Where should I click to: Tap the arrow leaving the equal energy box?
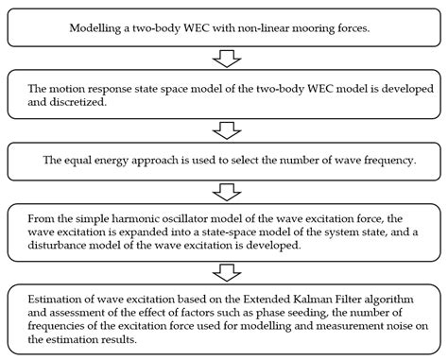click(227, 188)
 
